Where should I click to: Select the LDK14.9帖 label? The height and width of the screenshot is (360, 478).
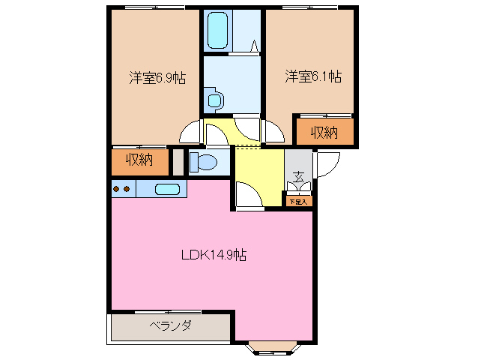tap(214, 254)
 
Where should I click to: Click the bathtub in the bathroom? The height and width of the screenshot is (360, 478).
tap(218, 31)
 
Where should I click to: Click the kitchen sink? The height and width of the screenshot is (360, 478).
tap(169, 188)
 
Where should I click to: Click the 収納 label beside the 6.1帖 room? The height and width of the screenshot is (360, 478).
tap(323, 133)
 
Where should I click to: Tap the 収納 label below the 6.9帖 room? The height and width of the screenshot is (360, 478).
tap(139, 160)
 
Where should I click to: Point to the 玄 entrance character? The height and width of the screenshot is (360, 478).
tap(298, 178)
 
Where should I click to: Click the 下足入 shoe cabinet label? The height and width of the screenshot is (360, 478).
tap(298, 201)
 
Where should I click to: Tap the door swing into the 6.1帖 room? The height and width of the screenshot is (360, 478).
tap(272, 130)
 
